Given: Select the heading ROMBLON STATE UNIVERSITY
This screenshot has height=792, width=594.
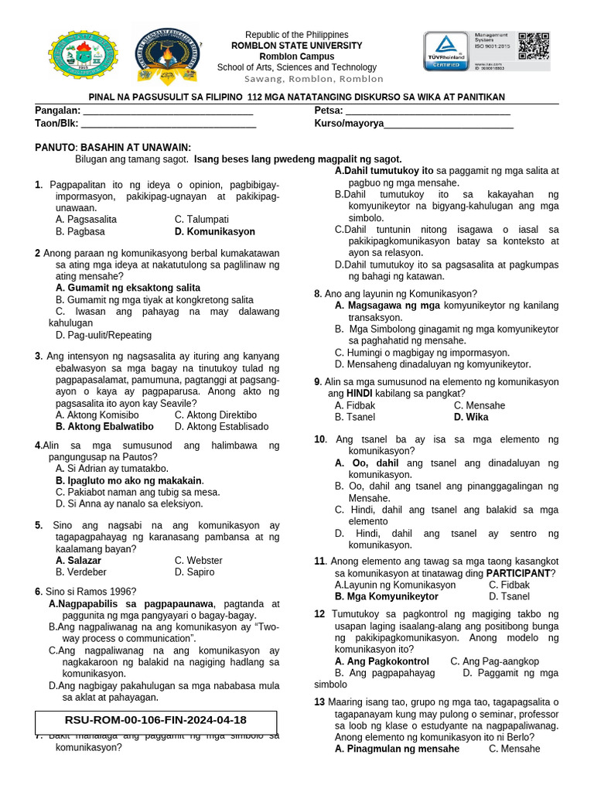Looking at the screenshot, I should click(297, 46).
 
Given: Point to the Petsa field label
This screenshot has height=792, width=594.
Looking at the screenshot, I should click(329, 111).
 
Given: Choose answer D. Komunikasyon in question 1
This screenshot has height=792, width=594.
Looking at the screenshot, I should click(214, 231).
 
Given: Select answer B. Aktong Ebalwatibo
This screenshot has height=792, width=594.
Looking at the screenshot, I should click(104, 426).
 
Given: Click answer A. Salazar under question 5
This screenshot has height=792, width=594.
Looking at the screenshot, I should click(78, 560).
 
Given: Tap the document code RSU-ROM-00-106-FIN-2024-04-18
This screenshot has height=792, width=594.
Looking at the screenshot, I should click(155, 720).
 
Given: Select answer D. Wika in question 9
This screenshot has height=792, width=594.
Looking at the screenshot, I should click(471, 417).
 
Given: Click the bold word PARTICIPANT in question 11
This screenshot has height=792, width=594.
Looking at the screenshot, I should click(517, 573).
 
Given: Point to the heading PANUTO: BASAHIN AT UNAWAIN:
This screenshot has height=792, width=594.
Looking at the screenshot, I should click(113, 148).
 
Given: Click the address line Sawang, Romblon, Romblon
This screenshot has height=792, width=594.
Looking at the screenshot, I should click(313, 79).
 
